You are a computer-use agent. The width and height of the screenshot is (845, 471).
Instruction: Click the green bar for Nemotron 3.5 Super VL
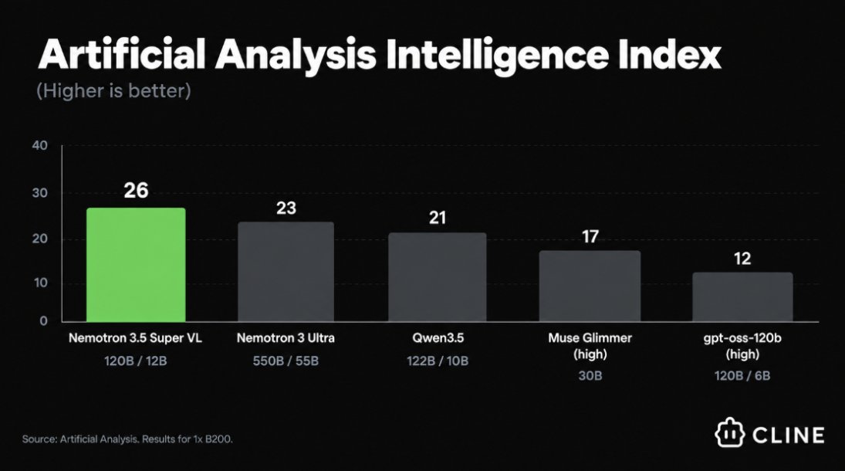(136, 264)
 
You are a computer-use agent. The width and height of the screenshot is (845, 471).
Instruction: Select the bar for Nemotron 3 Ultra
(286, 271)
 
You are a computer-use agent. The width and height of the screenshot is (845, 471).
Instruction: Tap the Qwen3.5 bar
(438, 276)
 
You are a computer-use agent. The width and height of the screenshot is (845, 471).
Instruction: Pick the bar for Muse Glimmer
(590, 286)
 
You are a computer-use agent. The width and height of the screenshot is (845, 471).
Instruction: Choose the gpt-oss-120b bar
(742, 296)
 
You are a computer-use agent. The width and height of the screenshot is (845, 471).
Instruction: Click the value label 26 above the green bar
(136, 191)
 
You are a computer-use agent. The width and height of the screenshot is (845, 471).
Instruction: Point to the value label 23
(286, 208)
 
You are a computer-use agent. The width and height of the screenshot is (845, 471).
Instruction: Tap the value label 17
(590, 236)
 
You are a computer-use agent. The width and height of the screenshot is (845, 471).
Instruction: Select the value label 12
(742, 259)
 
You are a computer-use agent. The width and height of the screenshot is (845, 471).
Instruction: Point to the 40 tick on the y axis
(39, 145)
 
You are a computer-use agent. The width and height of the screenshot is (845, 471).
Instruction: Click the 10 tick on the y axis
(40, 283)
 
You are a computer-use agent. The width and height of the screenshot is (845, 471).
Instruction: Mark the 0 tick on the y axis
(44, 321)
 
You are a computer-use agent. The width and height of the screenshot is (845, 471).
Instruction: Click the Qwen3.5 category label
(438, 338)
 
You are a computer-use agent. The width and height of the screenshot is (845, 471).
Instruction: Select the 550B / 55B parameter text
(286, 361)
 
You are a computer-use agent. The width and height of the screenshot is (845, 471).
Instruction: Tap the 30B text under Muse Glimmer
(590, 375)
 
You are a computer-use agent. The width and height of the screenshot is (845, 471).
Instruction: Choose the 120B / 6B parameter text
(742, 375)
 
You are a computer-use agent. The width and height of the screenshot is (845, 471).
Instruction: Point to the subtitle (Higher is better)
(113, 90)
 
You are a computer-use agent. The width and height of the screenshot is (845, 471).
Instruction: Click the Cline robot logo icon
(730, 432)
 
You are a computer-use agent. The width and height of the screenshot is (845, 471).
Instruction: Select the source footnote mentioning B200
(128, 439)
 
